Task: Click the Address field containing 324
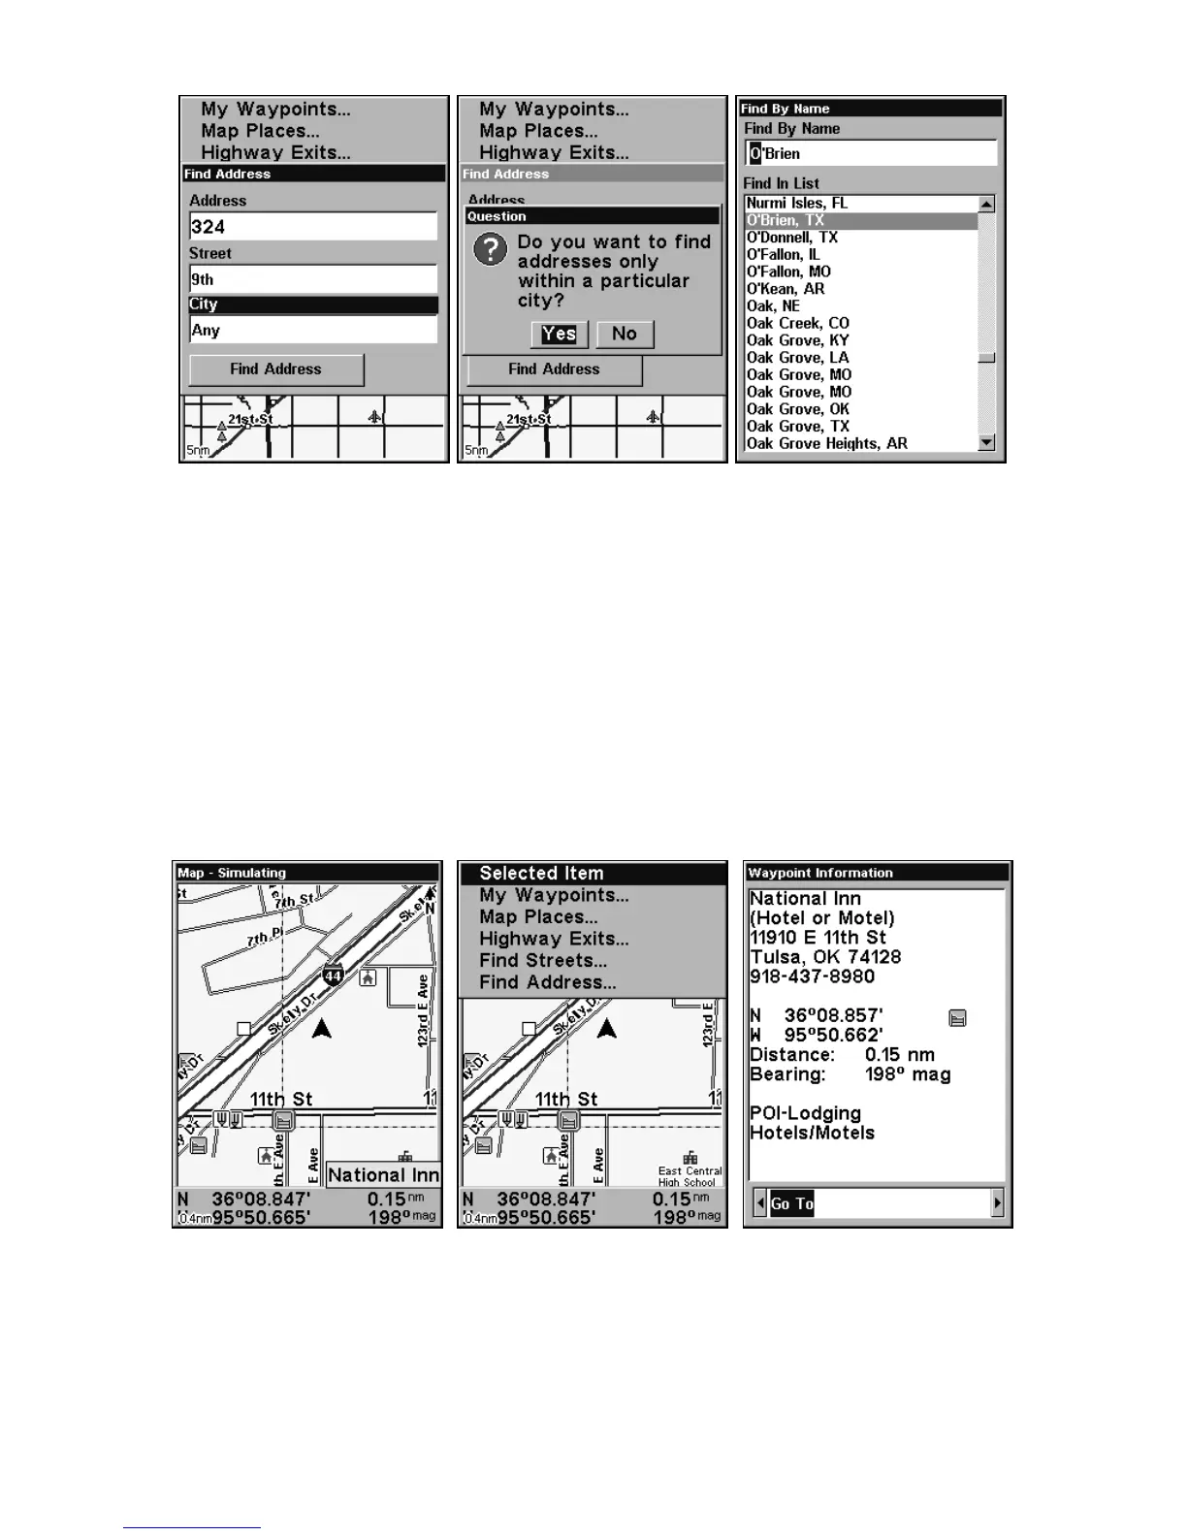(312, 227)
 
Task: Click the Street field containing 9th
(312, 279)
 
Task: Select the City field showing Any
(312, 331)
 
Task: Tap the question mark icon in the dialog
(491, 250)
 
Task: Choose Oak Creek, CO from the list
(798, 323)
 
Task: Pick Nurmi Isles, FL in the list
(797, 204)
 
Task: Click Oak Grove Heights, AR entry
(827, 443)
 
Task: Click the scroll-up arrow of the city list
(986, 204)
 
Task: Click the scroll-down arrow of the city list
(986, 443)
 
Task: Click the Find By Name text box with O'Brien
(870, 153)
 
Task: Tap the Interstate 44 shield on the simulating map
(334, 975)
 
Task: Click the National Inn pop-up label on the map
(383, 1175)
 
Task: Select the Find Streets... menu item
(542, 960)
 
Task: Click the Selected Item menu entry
(541, 874)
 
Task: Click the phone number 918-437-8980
(812, 976)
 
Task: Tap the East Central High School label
(690, 1175)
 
